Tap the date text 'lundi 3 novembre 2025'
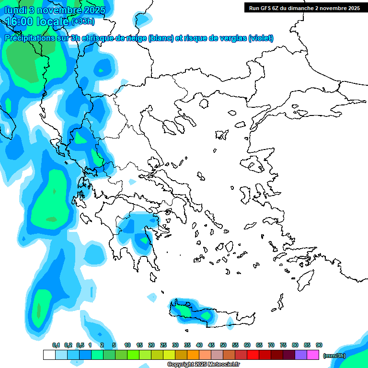55,10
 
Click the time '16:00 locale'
37,21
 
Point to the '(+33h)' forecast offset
83,21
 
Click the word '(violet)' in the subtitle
261,38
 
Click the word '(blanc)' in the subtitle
161,38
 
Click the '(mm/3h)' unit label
334,355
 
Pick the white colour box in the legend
49,355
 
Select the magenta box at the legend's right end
313,355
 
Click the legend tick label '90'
319,345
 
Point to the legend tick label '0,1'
56,345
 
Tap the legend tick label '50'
223,345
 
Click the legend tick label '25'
163,345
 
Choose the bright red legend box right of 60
253,355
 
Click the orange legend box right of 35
193,355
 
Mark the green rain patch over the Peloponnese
143,240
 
